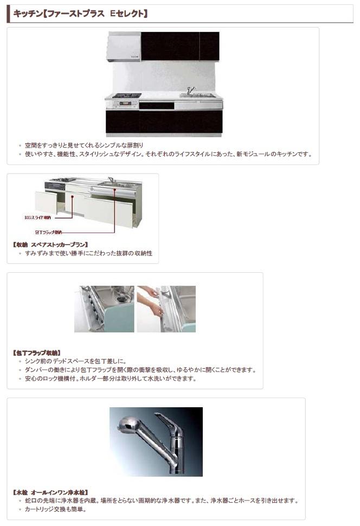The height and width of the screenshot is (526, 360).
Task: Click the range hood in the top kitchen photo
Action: (x=124, y=47)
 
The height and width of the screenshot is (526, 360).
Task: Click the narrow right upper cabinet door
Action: (x=209, y=46)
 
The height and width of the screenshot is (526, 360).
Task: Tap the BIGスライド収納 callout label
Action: (x=38, y=217)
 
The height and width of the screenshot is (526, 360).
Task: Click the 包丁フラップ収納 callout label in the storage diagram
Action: (x=48, y=232)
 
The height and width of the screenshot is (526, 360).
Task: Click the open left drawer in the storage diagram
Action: (x=46, y=202)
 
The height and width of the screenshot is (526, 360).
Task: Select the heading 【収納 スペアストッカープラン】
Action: (x=50, y=245)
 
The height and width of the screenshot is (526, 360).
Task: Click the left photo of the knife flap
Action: (x=104, y=309)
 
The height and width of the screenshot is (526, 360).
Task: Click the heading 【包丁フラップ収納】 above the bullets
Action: (x=36, y=352)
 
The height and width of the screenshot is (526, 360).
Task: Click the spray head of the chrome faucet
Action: (x=128, y=426)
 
